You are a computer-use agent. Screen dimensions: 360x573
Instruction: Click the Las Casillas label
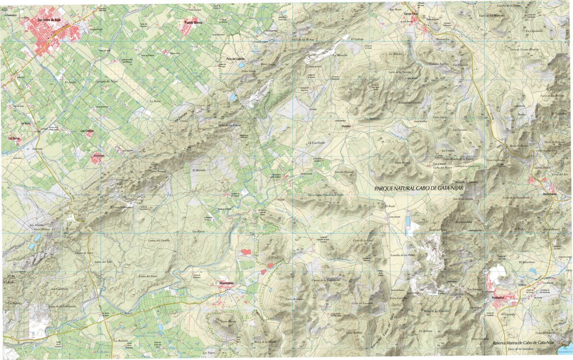[x=87, y=130]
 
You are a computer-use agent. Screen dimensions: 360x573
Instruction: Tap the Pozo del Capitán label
[x=236, y=59]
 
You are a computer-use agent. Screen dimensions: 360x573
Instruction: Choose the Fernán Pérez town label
[x=413, y=15]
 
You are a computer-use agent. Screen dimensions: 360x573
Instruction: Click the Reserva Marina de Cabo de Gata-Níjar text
[x=523, y=342]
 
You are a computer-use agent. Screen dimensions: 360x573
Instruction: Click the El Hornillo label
[x=199, y=170]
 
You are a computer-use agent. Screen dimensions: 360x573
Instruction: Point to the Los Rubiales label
[x=121, y=341]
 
